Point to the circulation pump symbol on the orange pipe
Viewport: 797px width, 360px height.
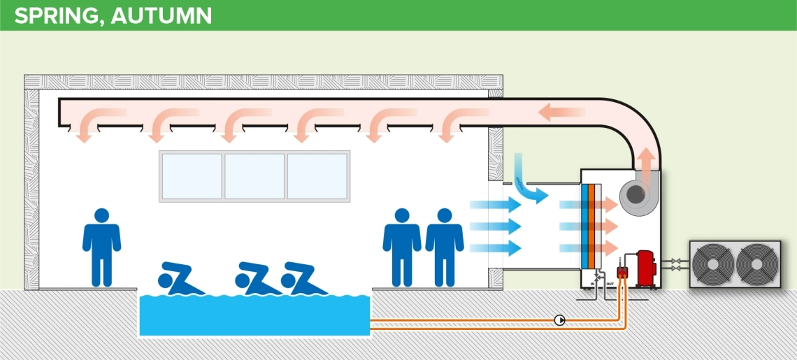click(559, 320)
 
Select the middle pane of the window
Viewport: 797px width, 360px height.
click(254, 176)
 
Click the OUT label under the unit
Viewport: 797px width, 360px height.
click(609, 285)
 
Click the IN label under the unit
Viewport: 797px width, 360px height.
click(592, 285)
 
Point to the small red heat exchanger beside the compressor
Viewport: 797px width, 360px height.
click(621, 273)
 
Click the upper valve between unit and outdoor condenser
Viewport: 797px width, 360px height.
click(675, 261)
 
